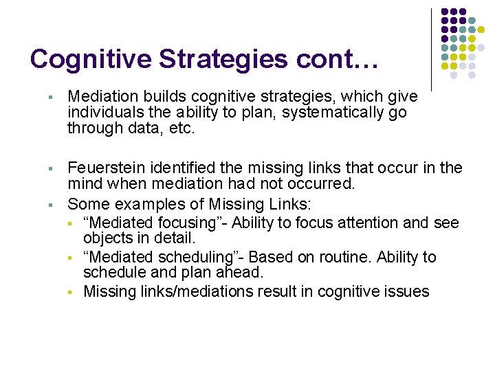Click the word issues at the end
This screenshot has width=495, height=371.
406,292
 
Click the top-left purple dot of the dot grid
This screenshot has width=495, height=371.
445,12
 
